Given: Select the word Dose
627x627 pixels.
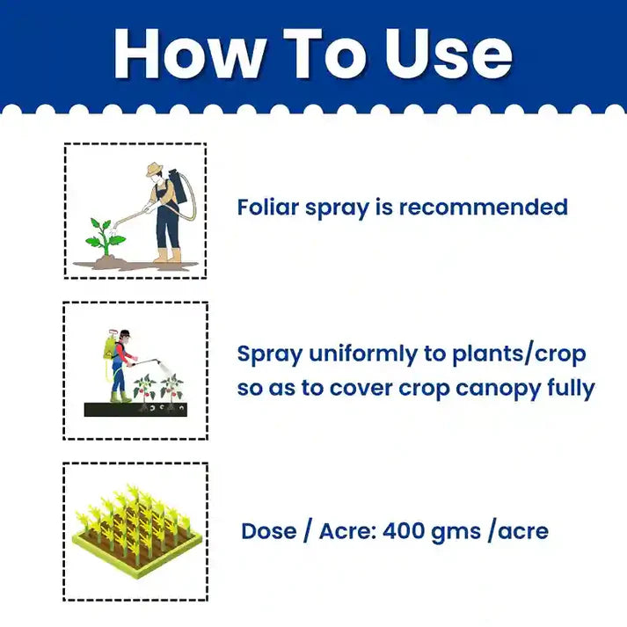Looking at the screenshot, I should pos(269,531).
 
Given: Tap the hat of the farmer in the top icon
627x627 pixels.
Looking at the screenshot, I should pos(156,170).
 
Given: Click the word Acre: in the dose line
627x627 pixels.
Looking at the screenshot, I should pos(346,531).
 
